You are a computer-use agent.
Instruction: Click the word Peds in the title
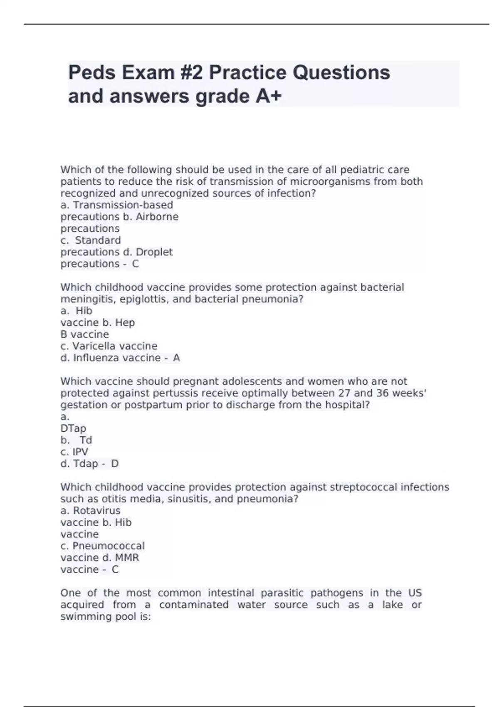pos(91,73)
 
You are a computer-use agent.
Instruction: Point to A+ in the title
pos(269,96)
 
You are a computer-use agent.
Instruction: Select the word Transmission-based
pos(123,205)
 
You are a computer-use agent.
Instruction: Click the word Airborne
pos(157,217)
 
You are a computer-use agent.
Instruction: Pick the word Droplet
pos(154,252)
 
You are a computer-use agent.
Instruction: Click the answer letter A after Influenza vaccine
pos(176,358)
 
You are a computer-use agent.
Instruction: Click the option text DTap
pos(74,428)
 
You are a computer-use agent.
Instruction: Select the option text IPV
pos(80,452)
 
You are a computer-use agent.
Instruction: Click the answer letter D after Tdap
pos(115,464)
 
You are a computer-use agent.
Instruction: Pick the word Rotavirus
pos(97,511)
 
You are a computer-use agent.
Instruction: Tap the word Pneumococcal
pos(109,546)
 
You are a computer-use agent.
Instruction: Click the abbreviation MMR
pos(127,558)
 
